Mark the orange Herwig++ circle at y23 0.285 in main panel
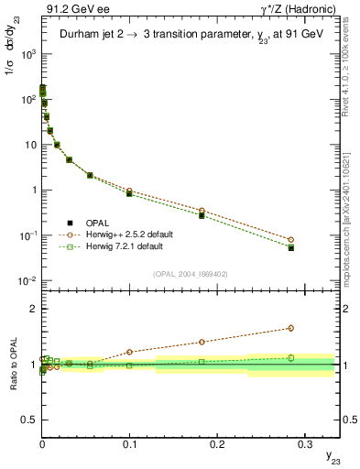pyautogui.click(x=290, y=240)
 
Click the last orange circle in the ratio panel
pyautogui.click(x=290, y=328)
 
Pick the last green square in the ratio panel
pyautogui.click(x=290, y=358)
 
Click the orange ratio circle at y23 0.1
pyautogui.click(x=129, y=352)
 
